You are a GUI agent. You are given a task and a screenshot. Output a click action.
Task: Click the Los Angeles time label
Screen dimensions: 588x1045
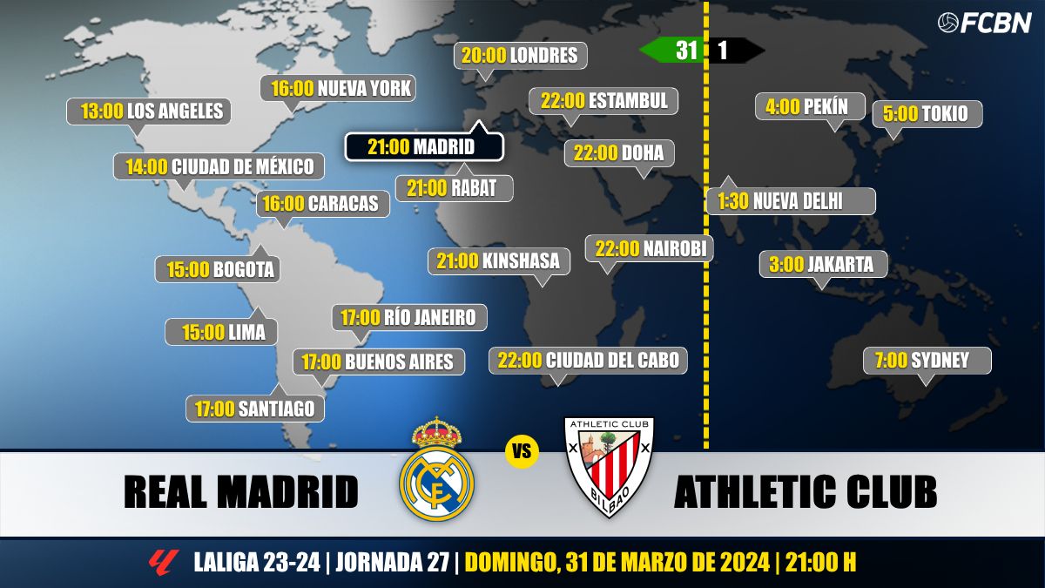click(x=149, y=112)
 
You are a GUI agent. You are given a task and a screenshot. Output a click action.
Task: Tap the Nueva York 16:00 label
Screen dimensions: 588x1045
click(x=338, y=89)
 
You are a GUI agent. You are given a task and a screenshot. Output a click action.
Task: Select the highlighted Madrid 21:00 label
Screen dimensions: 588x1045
click(x=423, y=147)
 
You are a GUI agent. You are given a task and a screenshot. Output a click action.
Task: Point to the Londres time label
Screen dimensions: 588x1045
click(x=521, y=56)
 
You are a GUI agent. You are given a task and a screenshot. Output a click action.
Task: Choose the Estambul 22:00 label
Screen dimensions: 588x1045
click(x=603, y=101)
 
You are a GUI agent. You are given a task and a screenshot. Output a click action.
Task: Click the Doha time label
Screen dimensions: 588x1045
click(x=619, y=153)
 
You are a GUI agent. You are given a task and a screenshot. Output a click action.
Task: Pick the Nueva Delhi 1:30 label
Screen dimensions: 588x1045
click(x=790, y=201)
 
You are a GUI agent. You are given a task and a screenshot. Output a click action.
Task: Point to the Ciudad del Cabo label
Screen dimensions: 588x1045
click(x=589, y=360)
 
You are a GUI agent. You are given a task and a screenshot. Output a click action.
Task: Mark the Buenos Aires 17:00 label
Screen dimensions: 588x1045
click(x=379, y=362)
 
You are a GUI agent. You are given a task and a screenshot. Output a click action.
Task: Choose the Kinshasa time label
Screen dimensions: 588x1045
click(x=499, y=260)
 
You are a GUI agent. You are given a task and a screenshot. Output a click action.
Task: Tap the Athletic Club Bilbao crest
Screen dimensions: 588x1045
click(x=609, y=466)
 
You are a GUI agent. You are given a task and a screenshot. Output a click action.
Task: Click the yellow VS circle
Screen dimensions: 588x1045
click(x=522, y=452)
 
